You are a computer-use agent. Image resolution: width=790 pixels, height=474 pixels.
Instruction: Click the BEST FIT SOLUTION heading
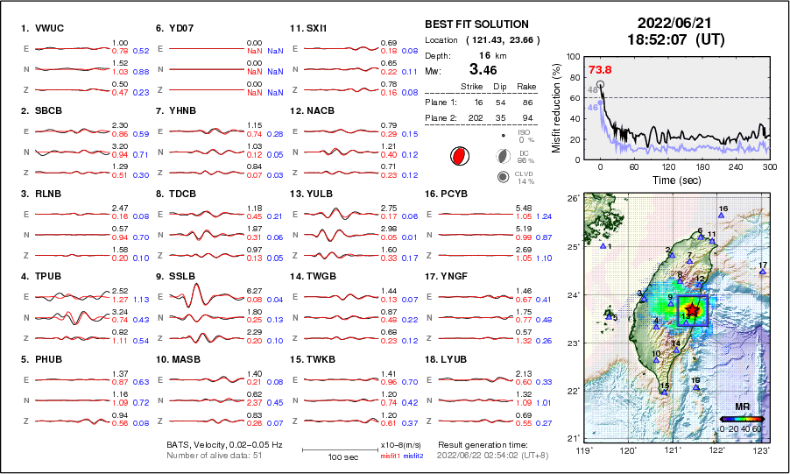tap(476, 25)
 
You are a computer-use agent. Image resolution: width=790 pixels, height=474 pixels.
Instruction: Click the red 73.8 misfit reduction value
tap(600, 69)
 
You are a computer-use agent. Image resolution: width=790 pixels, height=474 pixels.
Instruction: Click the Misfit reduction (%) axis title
tap(555, 106)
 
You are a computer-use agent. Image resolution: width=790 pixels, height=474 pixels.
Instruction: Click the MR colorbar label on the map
tap(742, 407)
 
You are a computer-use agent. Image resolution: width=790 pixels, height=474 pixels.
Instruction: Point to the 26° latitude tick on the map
tap(570, 199)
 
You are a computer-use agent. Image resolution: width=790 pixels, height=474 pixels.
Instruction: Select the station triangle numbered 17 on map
tap(762, 272)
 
